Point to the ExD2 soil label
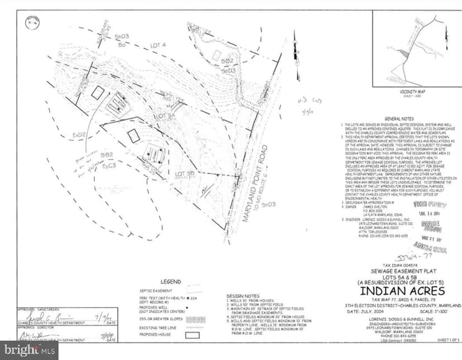[79, 135]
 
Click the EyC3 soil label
[109, 166]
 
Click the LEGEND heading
[171, 282]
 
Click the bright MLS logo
[30, 351]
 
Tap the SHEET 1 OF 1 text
[449, 339]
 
